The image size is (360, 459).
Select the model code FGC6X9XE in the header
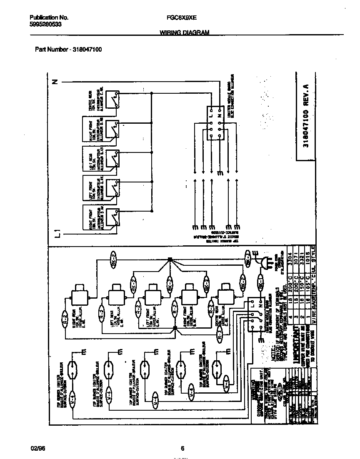[x=179, y=18]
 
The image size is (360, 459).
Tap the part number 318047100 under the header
[x=87, y=49]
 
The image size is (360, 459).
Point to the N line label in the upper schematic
[x=55, y=82]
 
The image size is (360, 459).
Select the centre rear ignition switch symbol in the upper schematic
[x=112, y=100]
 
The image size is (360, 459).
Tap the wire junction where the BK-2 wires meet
[x=170, y=260]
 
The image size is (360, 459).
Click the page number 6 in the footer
[x=182, y=448]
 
